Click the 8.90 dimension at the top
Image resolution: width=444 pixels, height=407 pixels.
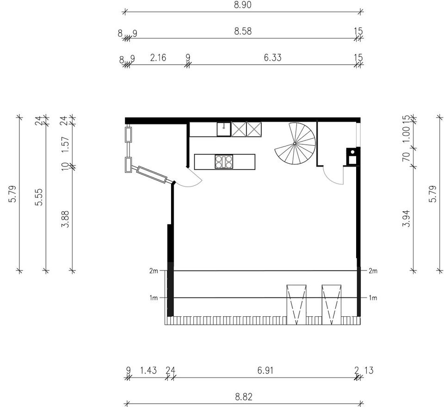tap(243, 5)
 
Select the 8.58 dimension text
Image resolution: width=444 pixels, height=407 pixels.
tap(243, 31)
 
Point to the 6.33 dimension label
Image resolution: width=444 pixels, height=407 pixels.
tap(272, 57)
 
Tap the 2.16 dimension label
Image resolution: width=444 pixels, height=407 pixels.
tap(158, 58)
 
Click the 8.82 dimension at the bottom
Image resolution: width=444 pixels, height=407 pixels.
tap(244, 397)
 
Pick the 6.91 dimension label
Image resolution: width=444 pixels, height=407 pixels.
tap(265, 370)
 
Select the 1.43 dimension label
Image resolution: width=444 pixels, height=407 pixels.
tap(148, 370)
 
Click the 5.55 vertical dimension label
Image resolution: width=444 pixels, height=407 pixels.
tap(38, 197)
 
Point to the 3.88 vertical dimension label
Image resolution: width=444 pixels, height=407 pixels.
tap(65, 219)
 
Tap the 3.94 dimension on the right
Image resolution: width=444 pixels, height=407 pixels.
tap(407, 218)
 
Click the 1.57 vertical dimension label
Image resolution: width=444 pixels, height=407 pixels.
tap(65, 145)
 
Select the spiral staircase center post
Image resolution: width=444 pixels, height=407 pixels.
tap(295, 143)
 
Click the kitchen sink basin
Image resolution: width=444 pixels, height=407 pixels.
tap(224, 129)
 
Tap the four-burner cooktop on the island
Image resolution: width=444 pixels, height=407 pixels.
tap(224, 162)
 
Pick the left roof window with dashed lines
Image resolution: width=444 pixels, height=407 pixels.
tap(296, 304)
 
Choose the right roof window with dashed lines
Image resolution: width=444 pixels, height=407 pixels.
tap(332, 304)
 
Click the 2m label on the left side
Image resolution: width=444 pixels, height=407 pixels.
tap(154, 271)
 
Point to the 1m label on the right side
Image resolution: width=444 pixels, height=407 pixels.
tap(373, 298)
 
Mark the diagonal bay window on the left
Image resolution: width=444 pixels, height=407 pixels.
tap(152, 174)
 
